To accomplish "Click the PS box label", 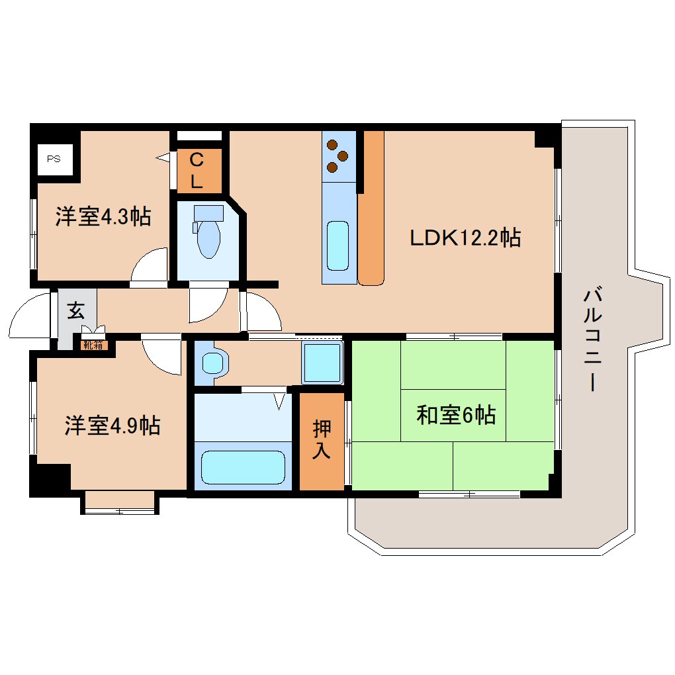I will [54, 159].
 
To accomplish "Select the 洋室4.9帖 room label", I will [112, 426].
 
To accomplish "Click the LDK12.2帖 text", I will [465, 237].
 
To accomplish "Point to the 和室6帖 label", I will [456, 415].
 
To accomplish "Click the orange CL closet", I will [197, 171].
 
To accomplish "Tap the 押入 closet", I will [322, 441].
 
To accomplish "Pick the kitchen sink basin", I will [337, 246].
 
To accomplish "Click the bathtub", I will [243, 468].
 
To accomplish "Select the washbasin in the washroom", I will [213, 363].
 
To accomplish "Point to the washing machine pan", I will [322, 363].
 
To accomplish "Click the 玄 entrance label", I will [75, 310].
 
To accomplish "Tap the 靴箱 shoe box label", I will [93, 344].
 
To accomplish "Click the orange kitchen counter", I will [371, 208].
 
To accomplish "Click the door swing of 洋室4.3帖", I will [150, 266].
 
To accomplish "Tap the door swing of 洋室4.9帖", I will [161, 356].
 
